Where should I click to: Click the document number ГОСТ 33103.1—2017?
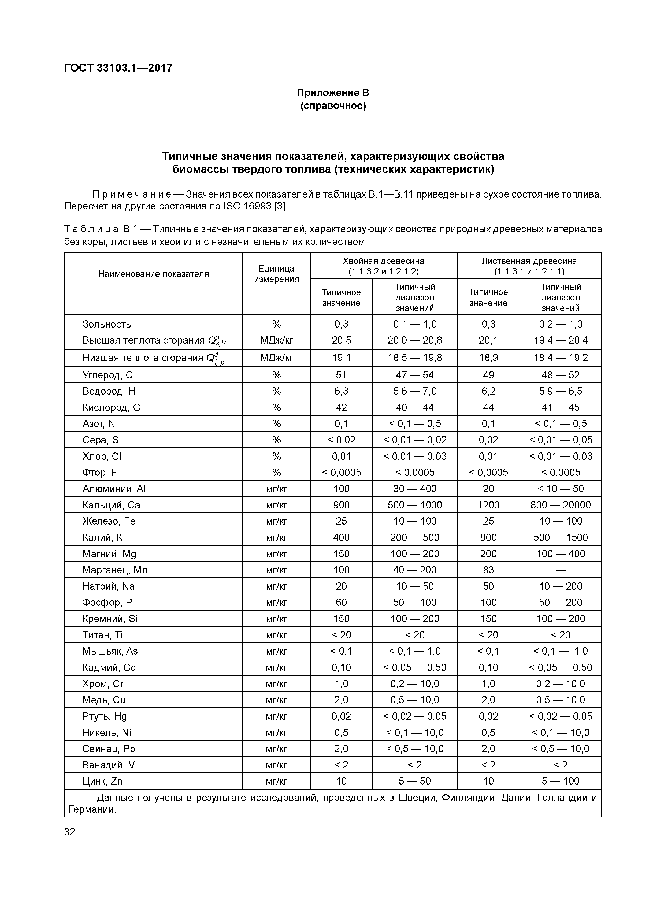118,68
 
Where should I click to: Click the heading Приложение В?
333,93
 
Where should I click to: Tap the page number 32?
70,832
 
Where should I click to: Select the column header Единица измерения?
276,274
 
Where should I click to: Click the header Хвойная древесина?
383,261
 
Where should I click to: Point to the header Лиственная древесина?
529,261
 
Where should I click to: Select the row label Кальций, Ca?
111,505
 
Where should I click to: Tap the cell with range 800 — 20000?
560,505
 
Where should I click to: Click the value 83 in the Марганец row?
488,570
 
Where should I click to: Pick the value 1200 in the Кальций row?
488,505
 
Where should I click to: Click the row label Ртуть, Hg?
104,716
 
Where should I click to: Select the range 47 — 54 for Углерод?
415,375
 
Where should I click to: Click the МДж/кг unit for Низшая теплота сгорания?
276,358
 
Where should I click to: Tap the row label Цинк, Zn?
102,781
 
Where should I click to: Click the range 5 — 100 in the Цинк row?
560,781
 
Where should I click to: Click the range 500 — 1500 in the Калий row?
560,537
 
